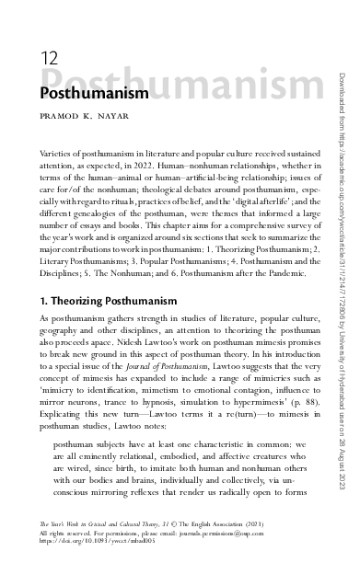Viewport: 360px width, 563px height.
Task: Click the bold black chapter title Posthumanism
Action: pos(94,94)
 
